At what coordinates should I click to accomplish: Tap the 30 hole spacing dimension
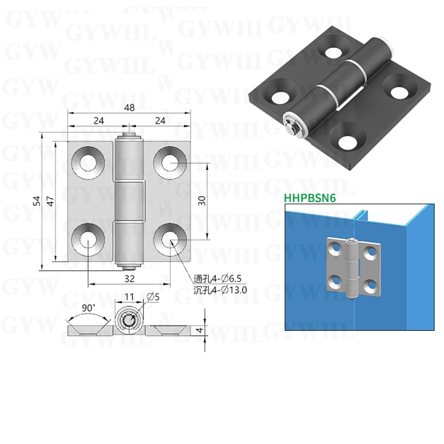202,201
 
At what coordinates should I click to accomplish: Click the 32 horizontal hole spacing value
129,279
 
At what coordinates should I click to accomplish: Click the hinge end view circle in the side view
129,321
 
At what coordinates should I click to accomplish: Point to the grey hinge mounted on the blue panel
354,268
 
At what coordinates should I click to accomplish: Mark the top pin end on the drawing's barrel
129,134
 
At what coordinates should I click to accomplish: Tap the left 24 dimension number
98,121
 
